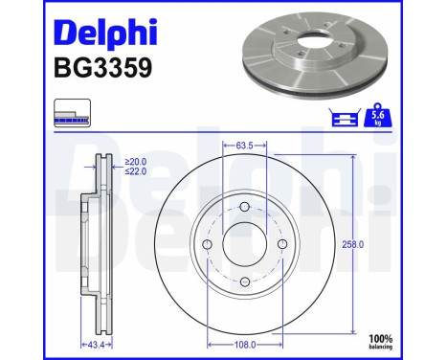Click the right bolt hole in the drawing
click(x=280, y=245)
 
